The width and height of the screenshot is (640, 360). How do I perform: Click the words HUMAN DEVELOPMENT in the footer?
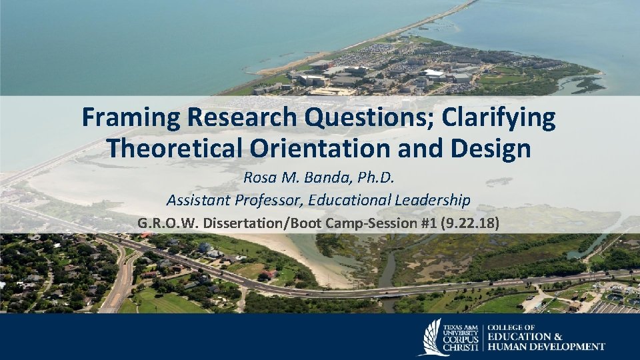tap(547, 346)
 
